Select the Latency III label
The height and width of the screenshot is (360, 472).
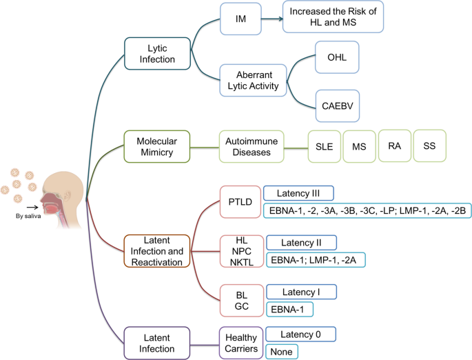[x=299, y=193]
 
